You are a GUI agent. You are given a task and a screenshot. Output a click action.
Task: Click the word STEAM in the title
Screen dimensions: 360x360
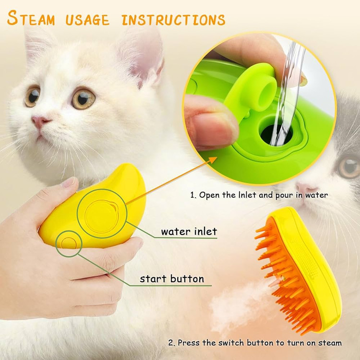click(31, 18)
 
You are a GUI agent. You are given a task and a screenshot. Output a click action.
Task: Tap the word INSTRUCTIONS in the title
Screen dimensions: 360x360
click(174, 20)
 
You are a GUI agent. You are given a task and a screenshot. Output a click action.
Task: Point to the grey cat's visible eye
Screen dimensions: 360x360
click(349, 167)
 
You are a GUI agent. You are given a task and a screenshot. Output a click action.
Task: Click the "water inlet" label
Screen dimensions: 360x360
click(189, 231)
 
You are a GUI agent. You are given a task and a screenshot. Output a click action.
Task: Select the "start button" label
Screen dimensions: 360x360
click(172, 279)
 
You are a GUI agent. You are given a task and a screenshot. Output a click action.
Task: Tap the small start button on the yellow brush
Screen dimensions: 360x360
click(69, 243)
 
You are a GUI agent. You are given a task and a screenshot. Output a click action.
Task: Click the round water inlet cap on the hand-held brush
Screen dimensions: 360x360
click(101, 216)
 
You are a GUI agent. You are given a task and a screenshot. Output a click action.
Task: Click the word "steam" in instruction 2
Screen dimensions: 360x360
click(330, 343)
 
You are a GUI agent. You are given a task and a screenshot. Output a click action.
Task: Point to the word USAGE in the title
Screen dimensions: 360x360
click(87, 20)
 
